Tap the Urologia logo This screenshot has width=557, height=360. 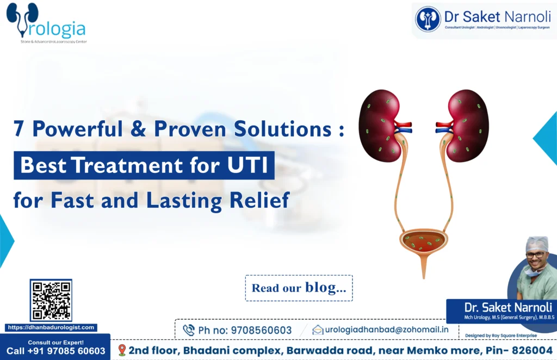click(x=46, y=24)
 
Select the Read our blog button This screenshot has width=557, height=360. click(x=299, y=288)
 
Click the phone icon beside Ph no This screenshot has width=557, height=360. click(x=189, y=330)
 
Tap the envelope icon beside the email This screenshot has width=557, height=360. click(x=318, y=330)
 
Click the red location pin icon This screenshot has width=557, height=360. click(x=122, y=350)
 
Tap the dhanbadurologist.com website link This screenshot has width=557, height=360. click(x=51, y=327)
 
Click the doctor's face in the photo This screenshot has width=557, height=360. click(x=537, y=256)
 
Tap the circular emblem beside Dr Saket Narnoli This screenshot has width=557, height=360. click(x=428, y=19)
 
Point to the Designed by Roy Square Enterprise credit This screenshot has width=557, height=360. click(x=500, y=336)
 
